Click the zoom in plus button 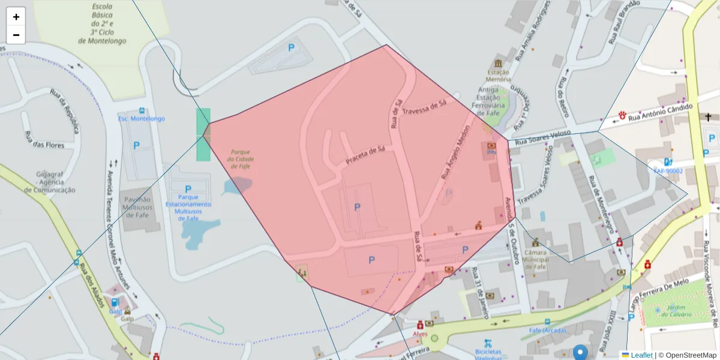pos(16,17)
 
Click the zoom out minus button pos(16,35)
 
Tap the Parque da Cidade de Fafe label pos(240,159)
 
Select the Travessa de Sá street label pos(425,107)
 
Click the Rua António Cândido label pos(660,112)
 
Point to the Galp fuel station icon pos(115,302)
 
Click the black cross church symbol pos(709,117)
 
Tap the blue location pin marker pos(580,352)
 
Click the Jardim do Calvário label pos(673,311)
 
